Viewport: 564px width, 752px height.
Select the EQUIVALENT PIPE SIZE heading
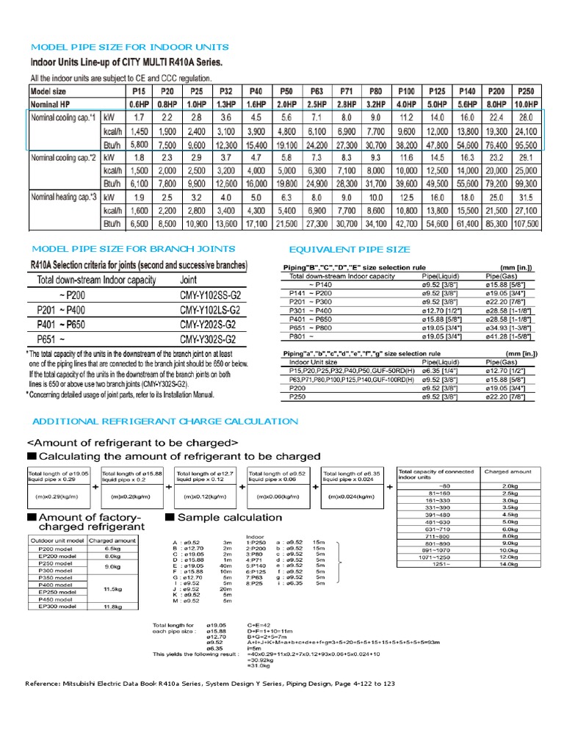pos(350,250)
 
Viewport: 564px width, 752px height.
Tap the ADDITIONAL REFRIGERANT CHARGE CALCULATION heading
pos(164,421)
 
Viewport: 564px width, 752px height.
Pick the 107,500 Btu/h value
pos(525,223)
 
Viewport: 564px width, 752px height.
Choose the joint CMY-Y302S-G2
pos(208,340)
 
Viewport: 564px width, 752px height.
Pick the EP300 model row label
pos(57,606)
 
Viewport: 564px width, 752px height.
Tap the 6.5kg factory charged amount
pos(112,549)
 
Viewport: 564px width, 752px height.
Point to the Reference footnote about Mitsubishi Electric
pos(210,684)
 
